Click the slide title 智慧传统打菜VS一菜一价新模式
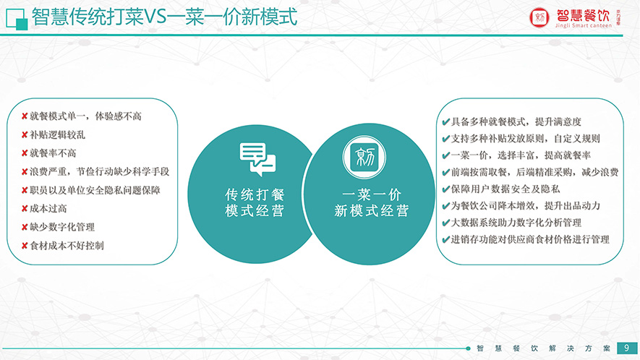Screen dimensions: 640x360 pyautogui.click(x=164, y=17)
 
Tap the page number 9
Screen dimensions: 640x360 pyautogui.click(x=626, y=348)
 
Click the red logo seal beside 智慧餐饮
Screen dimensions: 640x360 pyautogui.click(x=539, y=17)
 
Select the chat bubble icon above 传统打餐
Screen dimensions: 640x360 pyautogui.click(x=257, y=159)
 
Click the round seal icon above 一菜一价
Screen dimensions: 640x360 pyautogui.click(x=364, y=158)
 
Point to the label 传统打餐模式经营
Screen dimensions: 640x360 pyautogui.click(x=255, y=202)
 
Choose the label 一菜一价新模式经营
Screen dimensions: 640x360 pyautogui.click(x=372, y=202)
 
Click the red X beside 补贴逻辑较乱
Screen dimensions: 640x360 pyautogui.click(x=25, y=134)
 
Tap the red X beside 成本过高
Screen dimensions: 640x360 pyautogui.click(x=25, y=209)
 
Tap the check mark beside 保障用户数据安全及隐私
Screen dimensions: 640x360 pyautogui.click(x=445, y=189)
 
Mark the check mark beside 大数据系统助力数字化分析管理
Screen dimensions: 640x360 pyautogui.click(x=445, y=223)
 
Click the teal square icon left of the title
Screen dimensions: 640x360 pyautogui.click(x=17, y=19)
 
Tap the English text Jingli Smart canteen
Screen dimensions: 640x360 pyautogui.click(x=584, y=25)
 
